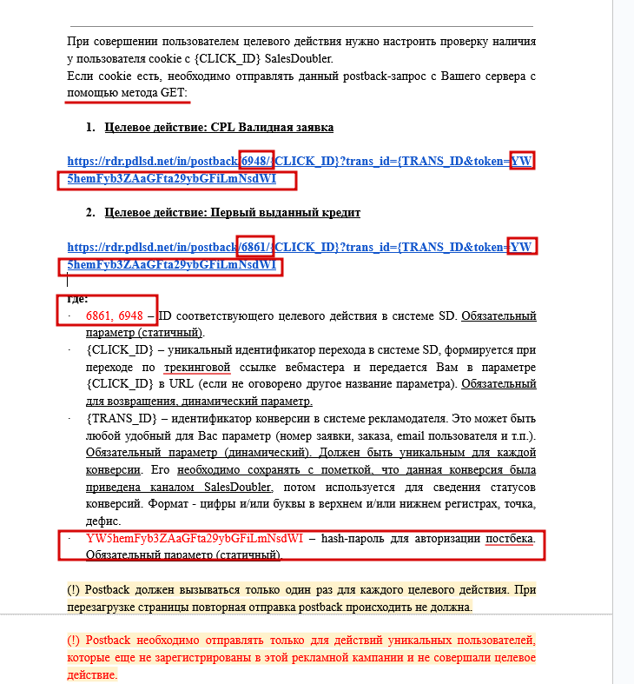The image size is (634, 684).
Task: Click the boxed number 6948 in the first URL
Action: coord(257,161)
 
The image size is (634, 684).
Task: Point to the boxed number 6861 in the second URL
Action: coord(257,247)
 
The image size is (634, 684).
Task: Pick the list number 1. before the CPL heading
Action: coord(90,127)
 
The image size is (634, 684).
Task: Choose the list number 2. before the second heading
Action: coord(90,212)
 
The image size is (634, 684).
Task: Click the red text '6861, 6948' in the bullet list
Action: coord(115,315)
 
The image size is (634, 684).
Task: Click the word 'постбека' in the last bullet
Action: coord(510,538)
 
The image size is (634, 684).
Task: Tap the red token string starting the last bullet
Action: coord(195,538)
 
